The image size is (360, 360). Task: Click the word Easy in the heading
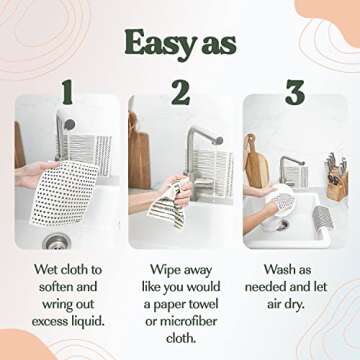[x=155, y=42]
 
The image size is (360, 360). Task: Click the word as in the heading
[x=217, y=42]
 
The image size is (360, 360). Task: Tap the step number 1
[x=67, y=93]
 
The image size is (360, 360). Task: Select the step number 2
[x=180, y=93]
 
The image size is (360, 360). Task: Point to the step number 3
[x=294, y=93]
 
